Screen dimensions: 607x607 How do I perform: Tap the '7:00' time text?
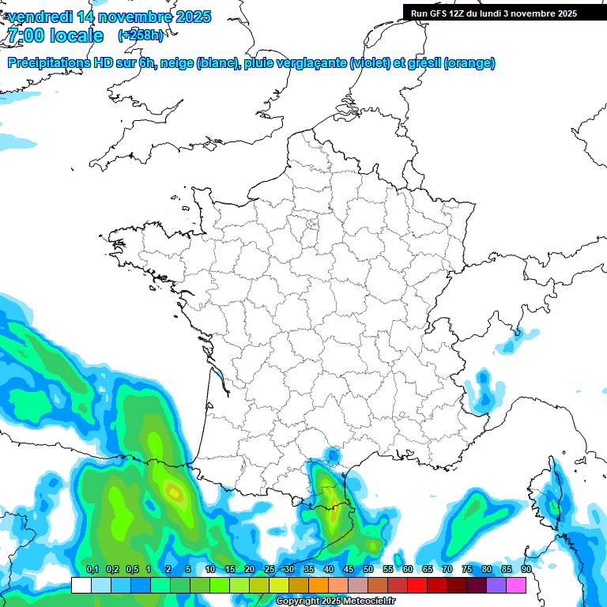tap(25, 36)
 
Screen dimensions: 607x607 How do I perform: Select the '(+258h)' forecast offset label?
tap(140, 36)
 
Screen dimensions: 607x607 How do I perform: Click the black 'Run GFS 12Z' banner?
tap(494, 13)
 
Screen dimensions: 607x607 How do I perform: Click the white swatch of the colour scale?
tap(81, 585)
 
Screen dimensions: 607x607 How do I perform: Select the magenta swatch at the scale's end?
tap(516, 585)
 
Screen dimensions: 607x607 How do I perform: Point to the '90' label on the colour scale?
tap(526, 570)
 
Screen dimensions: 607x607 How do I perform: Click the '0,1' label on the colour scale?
tap(92, 570)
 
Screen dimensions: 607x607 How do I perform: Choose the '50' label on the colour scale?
tap(368, 570)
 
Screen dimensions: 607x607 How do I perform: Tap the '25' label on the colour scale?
tap(270, 570)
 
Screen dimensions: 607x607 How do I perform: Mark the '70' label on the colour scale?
tap(447, 570)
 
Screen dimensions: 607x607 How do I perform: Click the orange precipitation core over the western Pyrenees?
tap(174, 495)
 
